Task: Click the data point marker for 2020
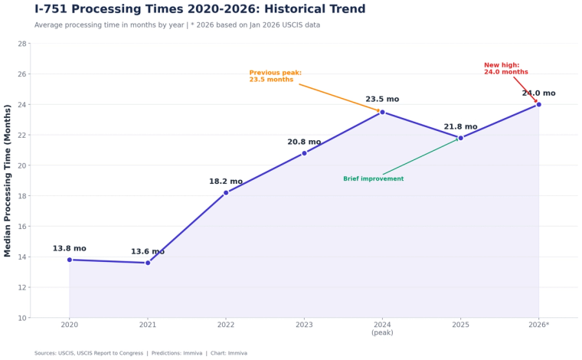click(70, 260)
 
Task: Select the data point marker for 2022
click(226, 192)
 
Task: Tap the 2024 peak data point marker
click(382, 112)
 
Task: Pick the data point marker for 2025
click(460, 138)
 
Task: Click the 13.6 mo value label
click(148, 251)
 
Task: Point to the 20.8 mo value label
click(304, 142)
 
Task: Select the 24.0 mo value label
click(538, 93)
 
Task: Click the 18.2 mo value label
click(226, 182)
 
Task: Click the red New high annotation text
click(505, 68)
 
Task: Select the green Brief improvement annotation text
click(373, 179)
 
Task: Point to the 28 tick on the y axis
click(22, 44)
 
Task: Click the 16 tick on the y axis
click(22, 226)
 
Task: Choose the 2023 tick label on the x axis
click(304, 326)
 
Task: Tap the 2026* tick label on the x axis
click(538, 326)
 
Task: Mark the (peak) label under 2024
click(382, 333)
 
